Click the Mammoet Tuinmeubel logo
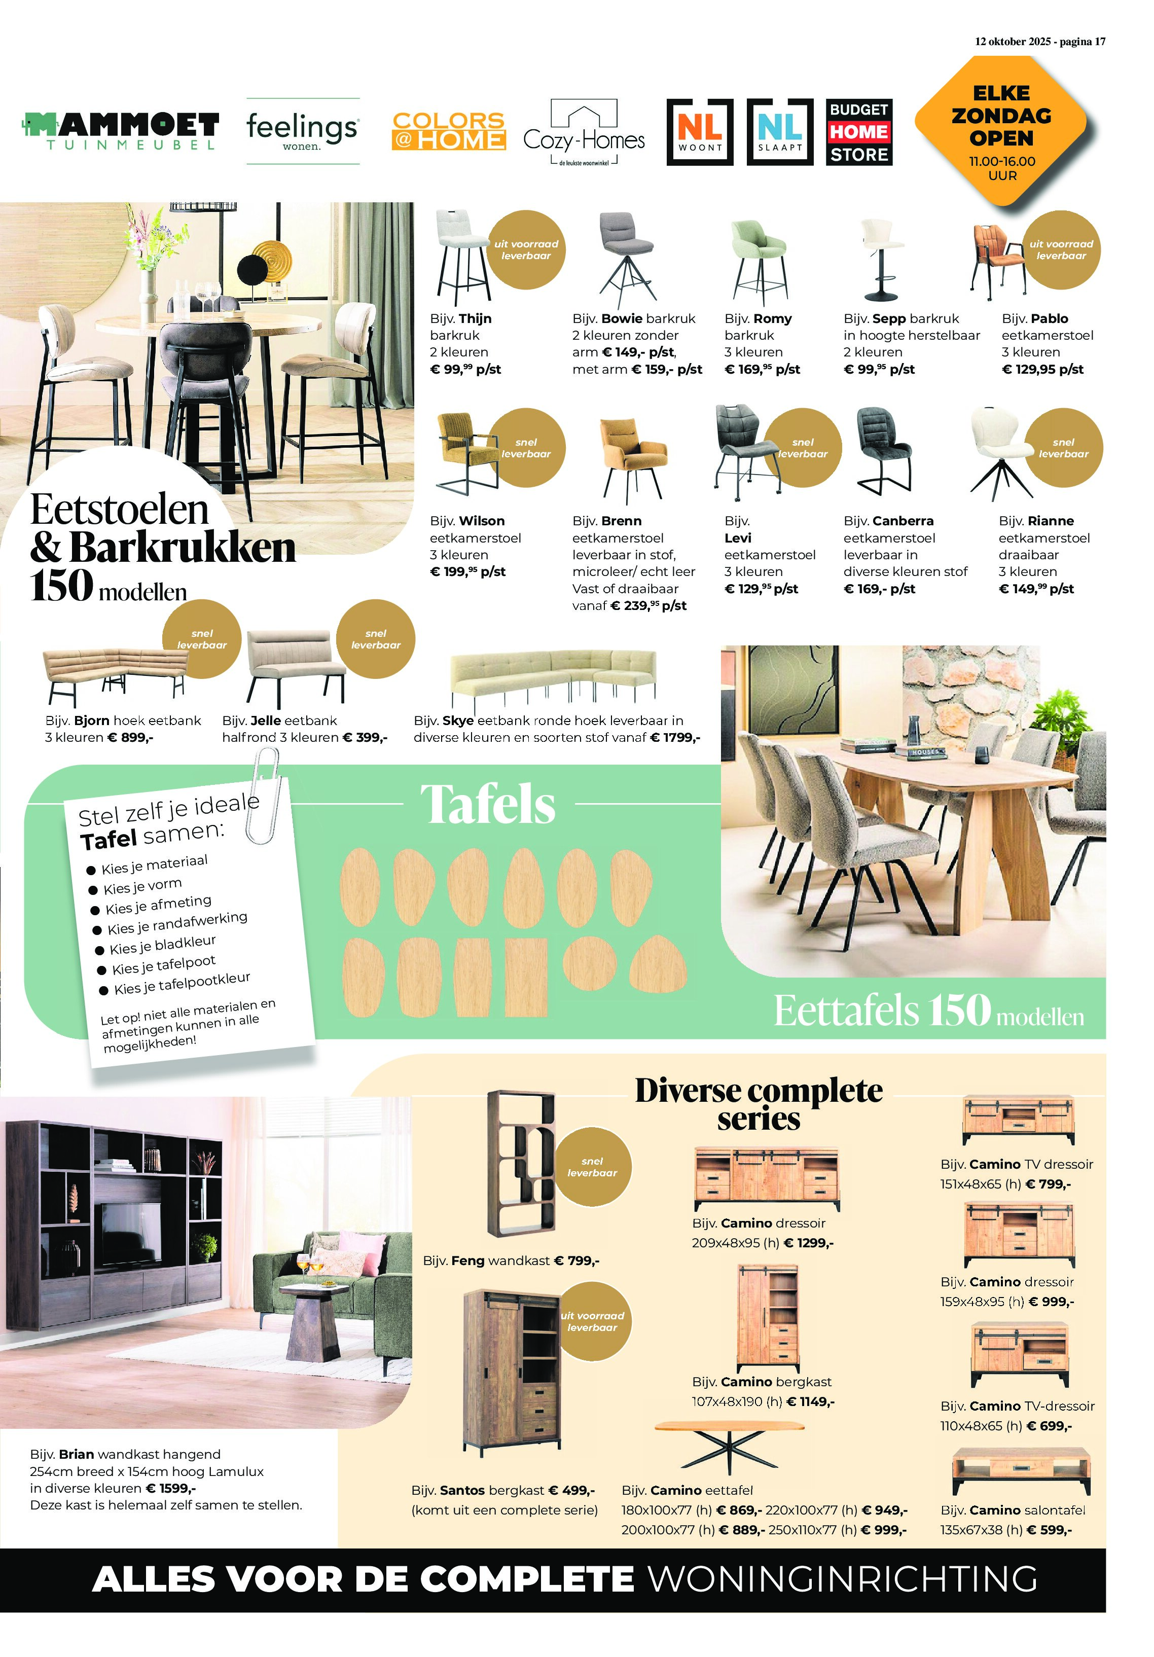(x=121, y=131)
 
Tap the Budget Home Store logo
(x=859, y=132)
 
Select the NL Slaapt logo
(x=779, y=132)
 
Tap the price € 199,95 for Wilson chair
(x=467, y=571)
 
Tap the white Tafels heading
(x=488, y=804)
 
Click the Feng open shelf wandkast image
(x=520, y=1163)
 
